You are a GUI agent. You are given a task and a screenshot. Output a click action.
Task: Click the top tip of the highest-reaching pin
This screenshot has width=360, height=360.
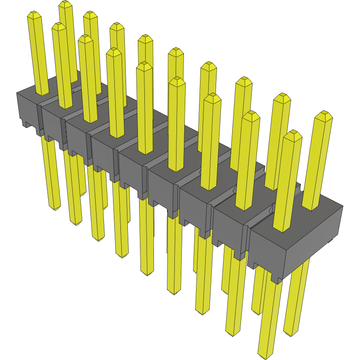coord(65,4)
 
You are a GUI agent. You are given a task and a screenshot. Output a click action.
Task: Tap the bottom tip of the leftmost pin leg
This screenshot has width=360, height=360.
coord(54,208)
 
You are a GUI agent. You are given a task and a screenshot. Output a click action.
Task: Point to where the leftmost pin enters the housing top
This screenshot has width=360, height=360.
coord(42,93)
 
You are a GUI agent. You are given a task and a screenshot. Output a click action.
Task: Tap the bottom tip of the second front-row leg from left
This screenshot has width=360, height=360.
coord(76,223)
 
